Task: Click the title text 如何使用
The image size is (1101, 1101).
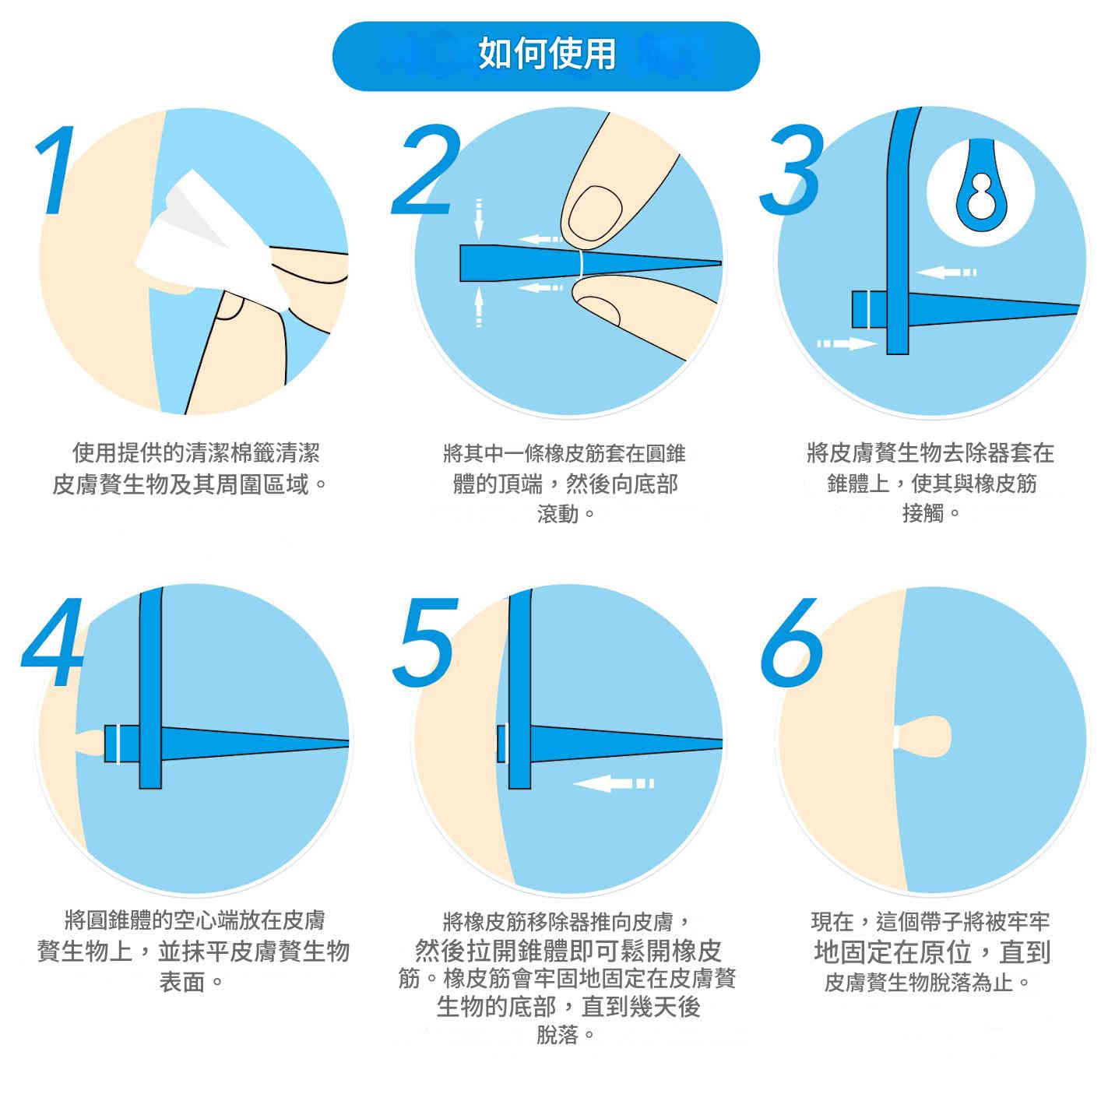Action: [547, 54]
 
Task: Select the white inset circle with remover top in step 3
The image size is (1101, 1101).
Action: [980, 192]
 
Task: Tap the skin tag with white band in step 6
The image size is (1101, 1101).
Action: [927, 737]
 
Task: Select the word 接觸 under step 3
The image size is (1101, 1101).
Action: [923, 515]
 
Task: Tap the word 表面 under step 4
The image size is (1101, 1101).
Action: [182, 982]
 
